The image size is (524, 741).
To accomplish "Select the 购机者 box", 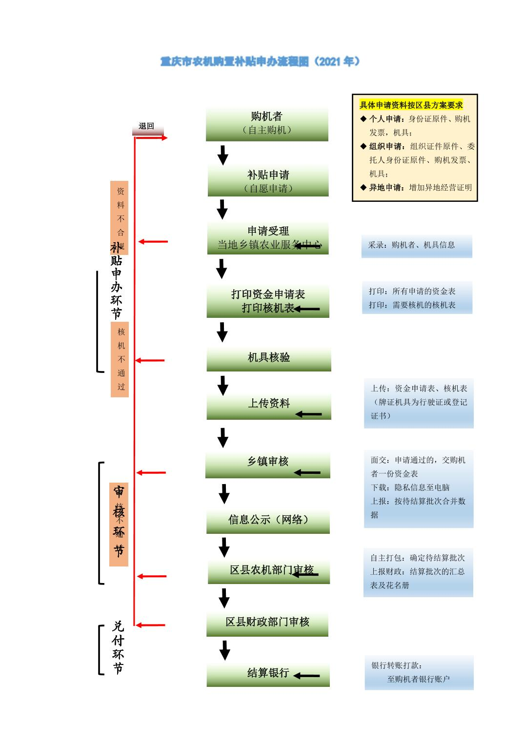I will point(267,123).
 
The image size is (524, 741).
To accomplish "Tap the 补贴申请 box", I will point(268,181).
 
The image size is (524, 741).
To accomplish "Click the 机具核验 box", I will point(269,358).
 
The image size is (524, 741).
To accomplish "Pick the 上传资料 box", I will point(269,405).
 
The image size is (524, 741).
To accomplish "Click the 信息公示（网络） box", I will point(268,521).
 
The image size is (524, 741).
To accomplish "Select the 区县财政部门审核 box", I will point(267,623).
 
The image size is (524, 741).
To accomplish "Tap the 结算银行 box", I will point(268,674).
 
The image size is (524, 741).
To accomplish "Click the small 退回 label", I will point(146,126).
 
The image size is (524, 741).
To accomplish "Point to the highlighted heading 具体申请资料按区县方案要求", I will point(411,105).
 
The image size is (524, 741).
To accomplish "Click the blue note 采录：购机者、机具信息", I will point(417,246).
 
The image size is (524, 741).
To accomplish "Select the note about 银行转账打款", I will point(419,672).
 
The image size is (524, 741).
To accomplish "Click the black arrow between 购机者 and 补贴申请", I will point(223,155).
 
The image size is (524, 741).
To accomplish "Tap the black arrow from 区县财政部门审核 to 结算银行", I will point(224,650).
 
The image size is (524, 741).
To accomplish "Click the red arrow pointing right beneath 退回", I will point(151,138).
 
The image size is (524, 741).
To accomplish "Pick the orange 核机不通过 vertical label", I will point(120,359).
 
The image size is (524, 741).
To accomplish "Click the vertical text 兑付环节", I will point(118,647).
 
